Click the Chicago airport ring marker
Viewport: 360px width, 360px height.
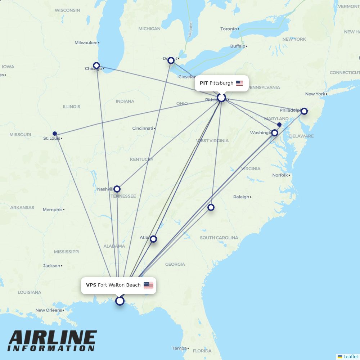[96, 66]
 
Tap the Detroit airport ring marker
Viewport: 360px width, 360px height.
[171, 60]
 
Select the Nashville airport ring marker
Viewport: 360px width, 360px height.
[117, 189]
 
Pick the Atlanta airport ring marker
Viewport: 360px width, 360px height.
[153, 239]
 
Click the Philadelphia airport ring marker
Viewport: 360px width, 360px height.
[304, 111]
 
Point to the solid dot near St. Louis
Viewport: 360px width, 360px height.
[55, 134]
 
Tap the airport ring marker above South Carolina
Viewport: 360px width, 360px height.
[211, 207]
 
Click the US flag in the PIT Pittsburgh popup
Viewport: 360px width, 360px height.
[239, 83]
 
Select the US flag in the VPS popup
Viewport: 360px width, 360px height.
[148, 285]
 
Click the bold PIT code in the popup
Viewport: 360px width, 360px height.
[204, 83]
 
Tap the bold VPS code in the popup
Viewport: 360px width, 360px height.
[91, 285]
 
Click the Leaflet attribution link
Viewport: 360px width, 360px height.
[351, 356]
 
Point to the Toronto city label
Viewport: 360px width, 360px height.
[229, 29]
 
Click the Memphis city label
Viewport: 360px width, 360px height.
[53, 210]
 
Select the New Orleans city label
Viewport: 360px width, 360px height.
[49, 310]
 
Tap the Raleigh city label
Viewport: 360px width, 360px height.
[241, 197]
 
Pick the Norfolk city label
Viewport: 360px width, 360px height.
[280, 175]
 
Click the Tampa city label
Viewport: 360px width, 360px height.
[179, 348]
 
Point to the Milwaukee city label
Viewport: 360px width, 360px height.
[86, 43]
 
